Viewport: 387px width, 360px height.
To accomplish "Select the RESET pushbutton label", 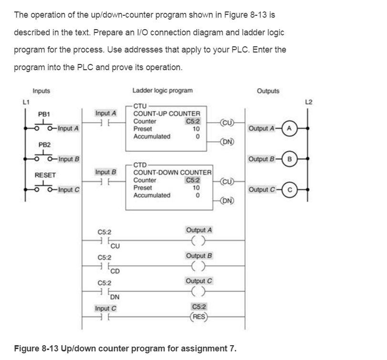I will click(x=46, y=175).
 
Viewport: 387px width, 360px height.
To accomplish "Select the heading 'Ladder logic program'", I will click(x=163, y=91).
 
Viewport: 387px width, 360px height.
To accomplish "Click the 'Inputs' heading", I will click(x=41, y=91).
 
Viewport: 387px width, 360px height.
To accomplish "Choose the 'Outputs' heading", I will click(x=268, y=91).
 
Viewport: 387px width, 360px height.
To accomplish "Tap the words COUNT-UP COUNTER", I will click(x=167, y=114).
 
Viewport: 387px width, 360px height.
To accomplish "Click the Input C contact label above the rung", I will click(x=106, y=308).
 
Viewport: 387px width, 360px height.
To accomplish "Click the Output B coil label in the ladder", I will click(x=199, y=255).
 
